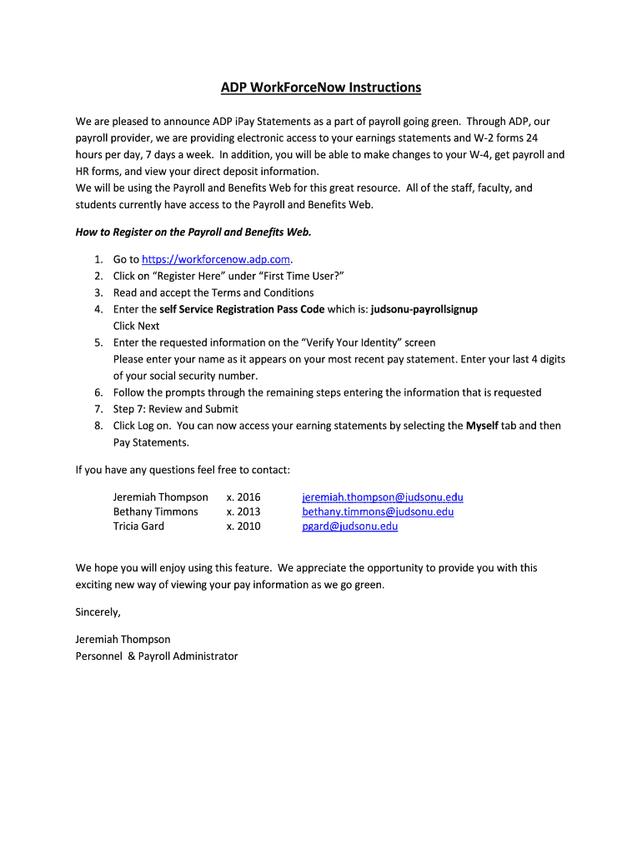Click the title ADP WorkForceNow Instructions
(321, 87)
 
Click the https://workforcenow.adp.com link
(218, 259)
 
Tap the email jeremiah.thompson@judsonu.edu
(383, 497)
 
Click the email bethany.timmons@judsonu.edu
(378, 511)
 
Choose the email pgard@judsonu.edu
(350, 526)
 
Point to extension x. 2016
(243, 497)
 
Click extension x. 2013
(243, 511)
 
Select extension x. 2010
(243, 526)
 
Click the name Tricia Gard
(138, 526)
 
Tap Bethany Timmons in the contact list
(156, 511)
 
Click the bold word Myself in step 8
(482, 426)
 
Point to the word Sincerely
(98, 612)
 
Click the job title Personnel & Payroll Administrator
(157, 656)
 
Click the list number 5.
(98, 342)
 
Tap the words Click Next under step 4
(136, 326)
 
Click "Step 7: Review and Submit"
(176, 409)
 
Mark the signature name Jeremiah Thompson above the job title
(123, 640)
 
